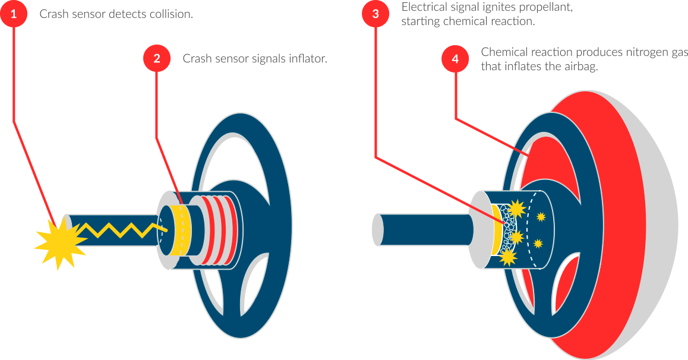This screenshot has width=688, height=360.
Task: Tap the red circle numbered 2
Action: [157, 59]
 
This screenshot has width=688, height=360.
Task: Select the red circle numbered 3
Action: [375, 14]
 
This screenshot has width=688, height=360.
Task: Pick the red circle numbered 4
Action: [455, 59]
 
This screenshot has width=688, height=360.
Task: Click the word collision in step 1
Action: [171, 14]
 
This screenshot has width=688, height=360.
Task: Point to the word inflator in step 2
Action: [308, 59]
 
